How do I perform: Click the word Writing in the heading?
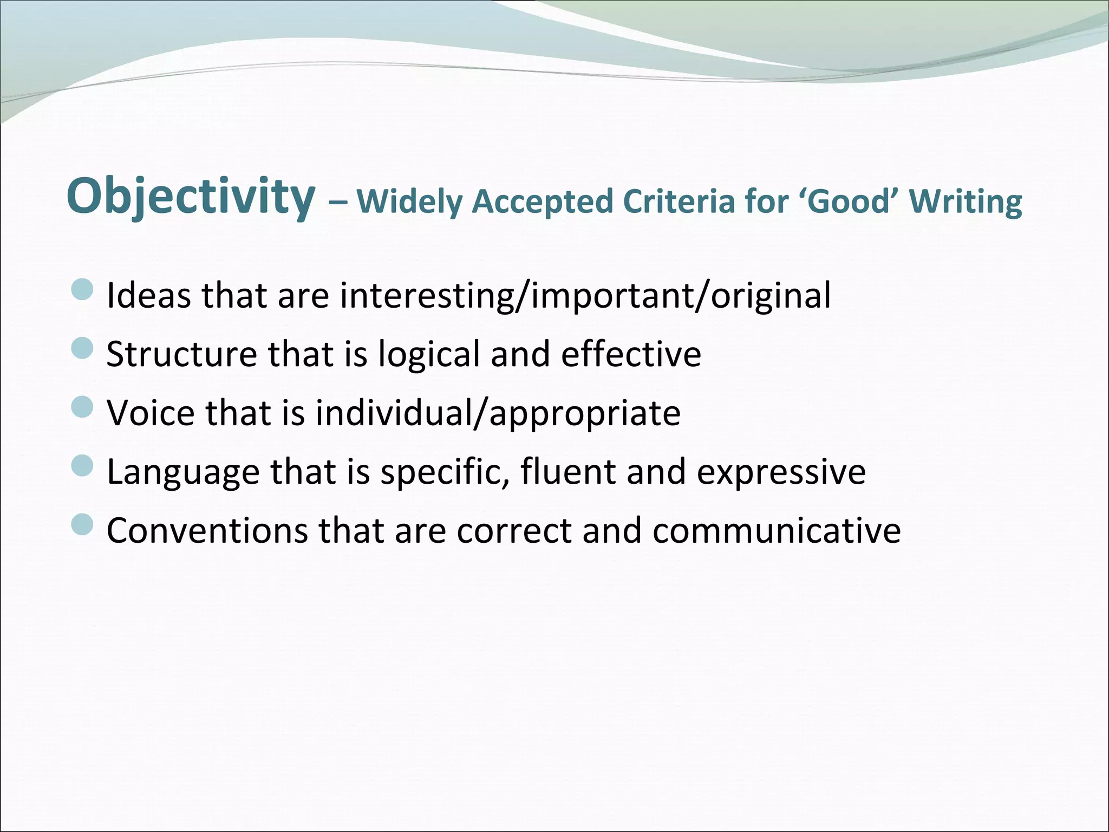coord(966,201)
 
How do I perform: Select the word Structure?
coord(181,354)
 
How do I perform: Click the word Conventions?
coord(207,530)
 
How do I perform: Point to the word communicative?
coord(777,530)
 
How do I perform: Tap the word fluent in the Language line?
coord(568,471)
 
